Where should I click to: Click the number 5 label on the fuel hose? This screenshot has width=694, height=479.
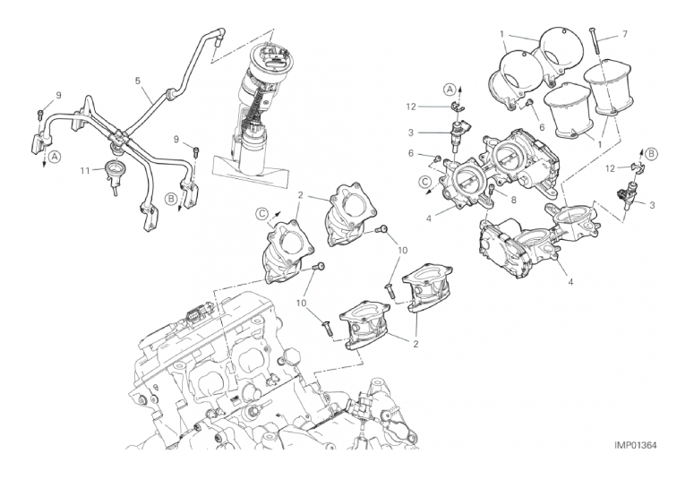point(138,81)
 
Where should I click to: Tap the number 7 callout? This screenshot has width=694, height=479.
point(624,34)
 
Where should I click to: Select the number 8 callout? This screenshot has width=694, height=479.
point(513,200)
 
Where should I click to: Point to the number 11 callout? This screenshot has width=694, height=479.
point(85,170)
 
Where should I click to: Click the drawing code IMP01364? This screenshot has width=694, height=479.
point(635,445)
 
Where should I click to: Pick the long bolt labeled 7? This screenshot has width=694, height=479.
point(594,40)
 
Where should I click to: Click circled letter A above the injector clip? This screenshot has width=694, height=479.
point(450,90)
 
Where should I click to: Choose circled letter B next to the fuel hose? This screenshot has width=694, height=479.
point(171,200)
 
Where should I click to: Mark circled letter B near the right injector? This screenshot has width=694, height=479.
point(651,154)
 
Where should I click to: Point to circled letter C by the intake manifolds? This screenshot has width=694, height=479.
point(261,214)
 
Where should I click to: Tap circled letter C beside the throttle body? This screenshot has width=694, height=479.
point(425,181)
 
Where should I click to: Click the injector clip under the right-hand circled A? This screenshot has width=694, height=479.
point(456,107)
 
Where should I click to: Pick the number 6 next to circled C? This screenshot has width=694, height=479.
point(411,153)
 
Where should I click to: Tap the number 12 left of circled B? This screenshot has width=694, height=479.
point(611,168)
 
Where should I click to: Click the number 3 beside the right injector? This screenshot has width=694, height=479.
point(653,205)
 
